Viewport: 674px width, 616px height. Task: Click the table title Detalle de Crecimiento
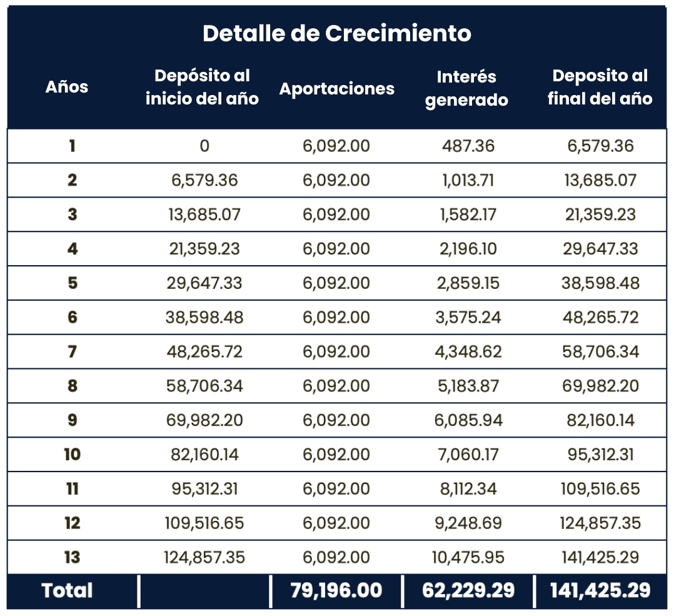pos(336,33)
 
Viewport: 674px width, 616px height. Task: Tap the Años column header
pos(67,87)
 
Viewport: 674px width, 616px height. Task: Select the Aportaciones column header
pos(336,89)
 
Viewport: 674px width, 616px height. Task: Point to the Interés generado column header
pos(466,88)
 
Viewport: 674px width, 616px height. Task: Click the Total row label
pos(67,591)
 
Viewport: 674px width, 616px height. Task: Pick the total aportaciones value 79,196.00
pos(336,591)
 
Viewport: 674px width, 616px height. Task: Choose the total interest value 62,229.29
pos(468,591)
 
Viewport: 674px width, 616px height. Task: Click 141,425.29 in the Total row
pos(600,591)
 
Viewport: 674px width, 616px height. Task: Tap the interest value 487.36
pos(468,146)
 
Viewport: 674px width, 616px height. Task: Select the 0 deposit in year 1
pos(204,146)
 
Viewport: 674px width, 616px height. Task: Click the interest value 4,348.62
pos(468,351)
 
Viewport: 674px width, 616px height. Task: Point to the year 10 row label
pos(73,454)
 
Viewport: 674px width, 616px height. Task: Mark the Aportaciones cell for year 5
pos(336,283)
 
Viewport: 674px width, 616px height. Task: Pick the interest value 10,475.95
pos(468,557)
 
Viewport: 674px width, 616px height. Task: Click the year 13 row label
pos(73,557)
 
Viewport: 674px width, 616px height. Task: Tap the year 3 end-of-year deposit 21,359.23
pos(600,215)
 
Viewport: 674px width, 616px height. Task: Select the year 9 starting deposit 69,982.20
pos(204,420)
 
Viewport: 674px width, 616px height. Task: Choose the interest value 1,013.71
pos(468,181)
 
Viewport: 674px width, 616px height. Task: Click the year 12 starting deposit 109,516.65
pos(204,523)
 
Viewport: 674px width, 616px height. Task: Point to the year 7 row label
pos(73,351)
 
